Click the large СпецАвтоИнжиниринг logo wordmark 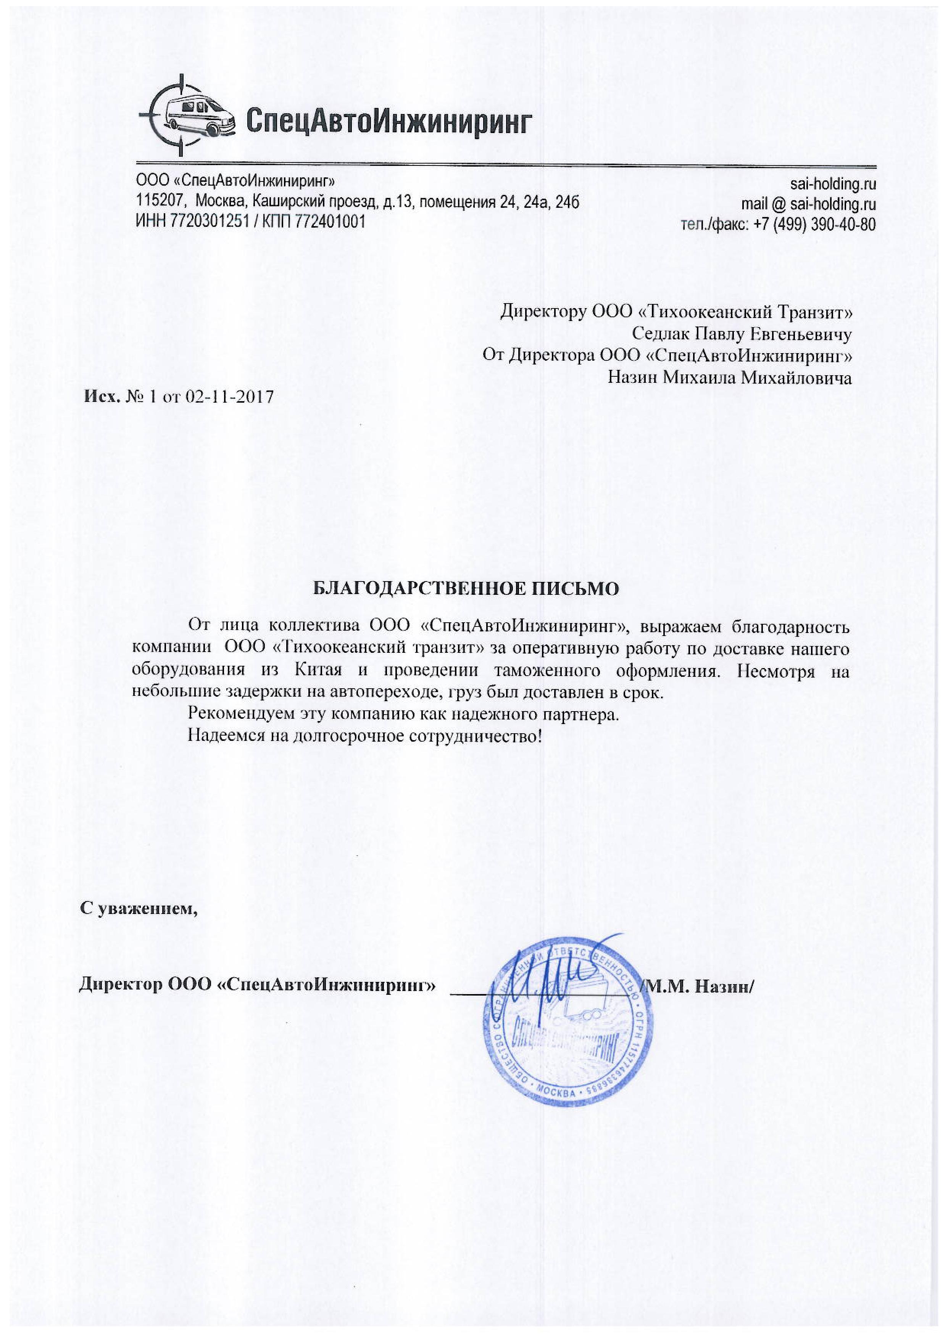click(x=389, y=121)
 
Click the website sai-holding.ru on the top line click(x=833, y=184)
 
